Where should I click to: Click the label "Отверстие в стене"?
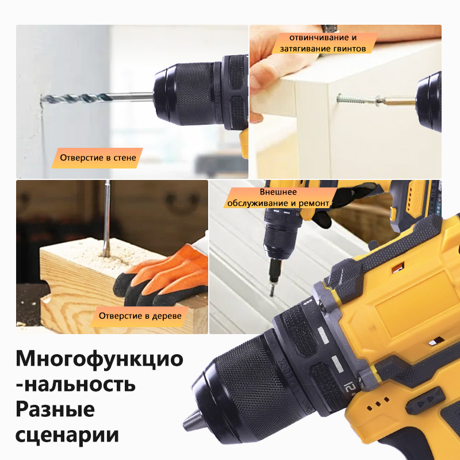(x=97, y=157)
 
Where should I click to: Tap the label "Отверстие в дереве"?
(x=140, y=316)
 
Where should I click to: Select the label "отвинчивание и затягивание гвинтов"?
(x=323, y=43)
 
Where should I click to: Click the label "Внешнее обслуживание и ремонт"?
(x=278, y=197)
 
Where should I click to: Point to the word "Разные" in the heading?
(x=55, y=409)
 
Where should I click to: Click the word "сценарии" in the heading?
(x=67, y=435)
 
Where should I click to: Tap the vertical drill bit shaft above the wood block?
(x=107, y=213)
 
